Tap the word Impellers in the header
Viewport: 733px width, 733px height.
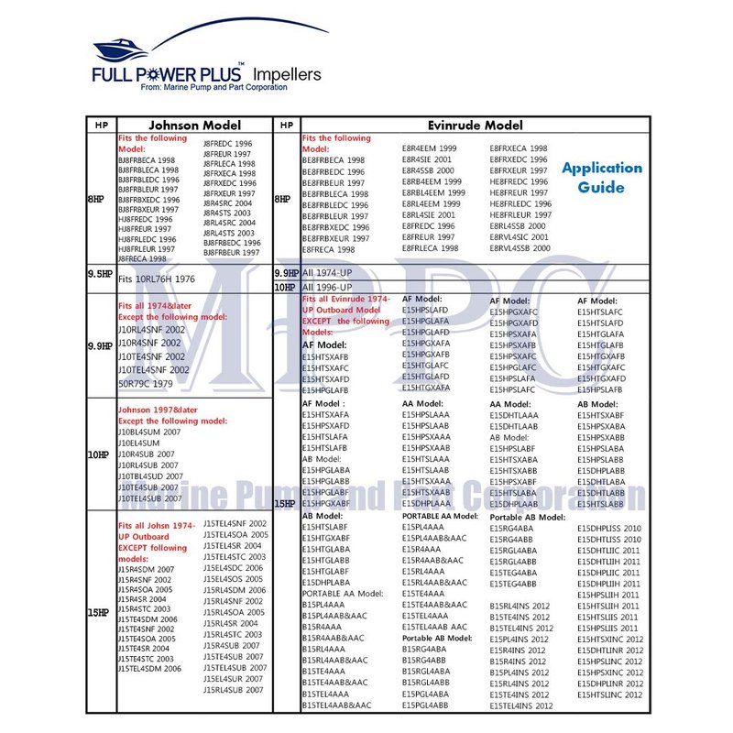click(x=286, y=73)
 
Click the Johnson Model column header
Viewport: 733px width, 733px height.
click(x=194, y=126)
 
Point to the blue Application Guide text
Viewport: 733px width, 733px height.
click(x=601, y=178)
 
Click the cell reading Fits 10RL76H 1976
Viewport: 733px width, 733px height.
click(x=158, y=279)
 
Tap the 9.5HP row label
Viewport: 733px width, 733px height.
click(x=99, y=274)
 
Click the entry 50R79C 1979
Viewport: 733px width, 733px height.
click(x=145, y=383)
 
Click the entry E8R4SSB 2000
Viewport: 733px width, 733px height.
click(x=428, y=170)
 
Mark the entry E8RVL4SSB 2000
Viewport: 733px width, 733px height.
click(x=520, y=248)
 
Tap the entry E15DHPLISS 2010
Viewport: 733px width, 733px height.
click(x=609, y=529)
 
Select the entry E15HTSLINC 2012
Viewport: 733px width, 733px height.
click(x=609, y=695)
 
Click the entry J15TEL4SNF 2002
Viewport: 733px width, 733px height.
click(x=235, y=523)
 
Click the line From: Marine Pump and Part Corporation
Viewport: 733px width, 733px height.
click(x=213, y=87)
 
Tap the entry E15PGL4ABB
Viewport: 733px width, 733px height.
click(x=425, y=706)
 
